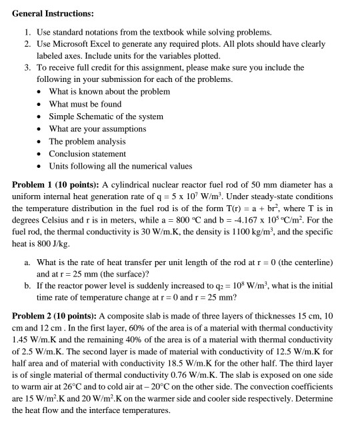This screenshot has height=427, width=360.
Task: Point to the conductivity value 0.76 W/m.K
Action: coord(195,380)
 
